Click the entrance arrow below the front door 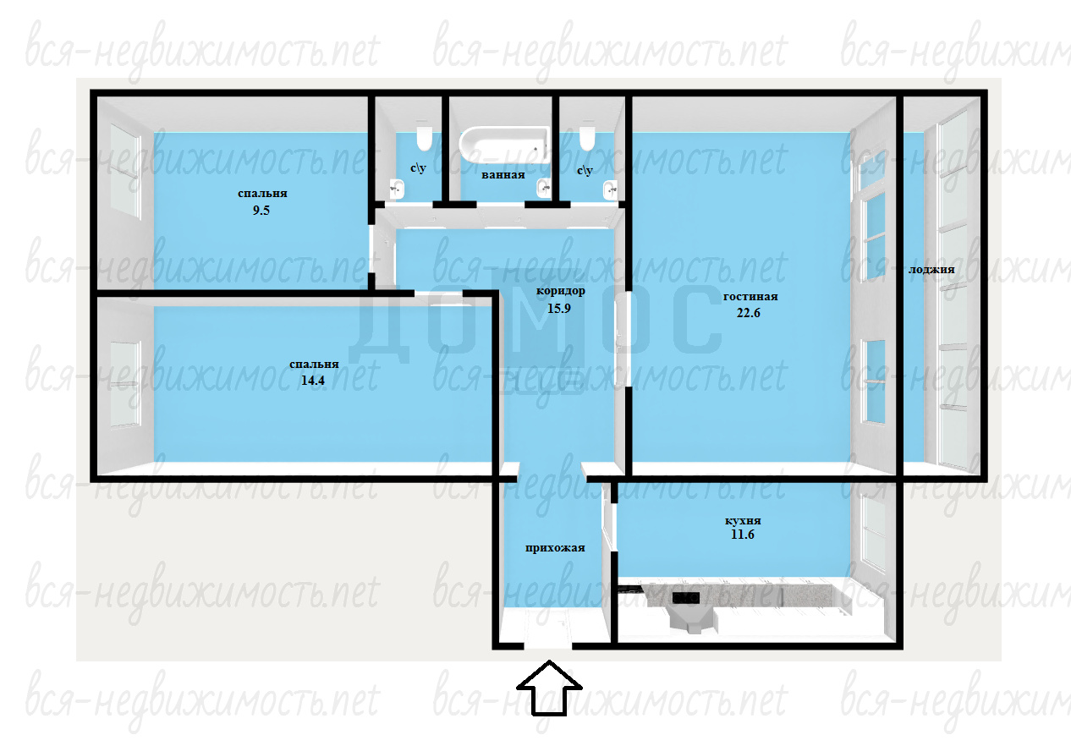pyautogui.click(x=549, y=688)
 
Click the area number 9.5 pyautogui.click(x=261, y=211)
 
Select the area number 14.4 pyautogui.click(x=313, y=381)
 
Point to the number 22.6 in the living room pyautogui.click(x=749, y=313)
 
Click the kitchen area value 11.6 pyautogui.click(x=743, y=535)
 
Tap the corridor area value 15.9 pyautogui.click(x=559, y=308)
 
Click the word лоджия pyautogui.click(x=931, y=270)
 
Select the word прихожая pyautogui.click(x=555, y=548)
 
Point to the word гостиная pyautogui.click(x=750, y=296)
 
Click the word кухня pyautogui.click(x=743, y=521)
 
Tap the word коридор pyautogui.click(x=560, y=291)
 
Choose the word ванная pyautogui.click(x=503, y=175)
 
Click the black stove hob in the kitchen pyautogui.click(x=686, y=598)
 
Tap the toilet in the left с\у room pyautogui.click(x=424, y=138)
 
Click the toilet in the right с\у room pyautogui.click(x=586, y=138)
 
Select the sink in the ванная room pyautogui.click(x=544, y=188)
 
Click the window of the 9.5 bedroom pyautogui.click(x=125, y=171)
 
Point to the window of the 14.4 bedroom pyautogui.click(x=125, y=384)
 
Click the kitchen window pyautogui.click(x=873, y=532)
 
